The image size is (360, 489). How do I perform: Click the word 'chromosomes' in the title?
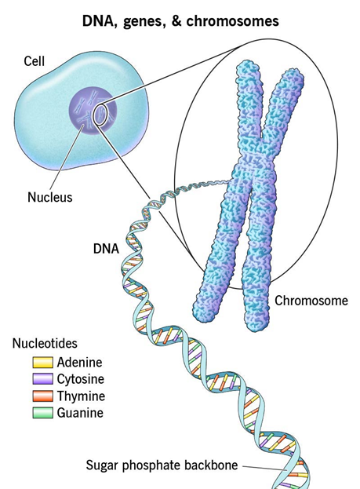tap(232, 21)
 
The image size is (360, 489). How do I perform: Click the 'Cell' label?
tap(35, 60)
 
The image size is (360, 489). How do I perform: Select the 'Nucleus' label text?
tap(50, 197)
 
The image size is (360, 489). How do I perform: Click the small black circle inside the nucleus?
tap(100, 115)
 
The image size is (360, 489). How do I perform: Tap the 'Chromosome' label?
tap(311, 301)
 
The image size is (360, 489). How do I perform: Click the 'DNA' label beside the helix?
tap(107, 249)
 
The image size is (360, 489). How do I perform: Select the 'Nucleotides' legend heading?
tap(45, 343)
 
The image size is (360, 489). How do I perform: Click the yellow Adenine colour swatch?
tap(42, 363)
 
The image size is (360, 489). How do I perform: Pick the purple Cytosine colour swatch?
tap(42, 379)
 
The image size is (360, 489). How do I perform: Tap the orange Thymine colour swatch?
tap(42, 396)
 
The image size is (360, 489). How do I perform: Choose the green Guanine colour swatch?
tap(42, 413)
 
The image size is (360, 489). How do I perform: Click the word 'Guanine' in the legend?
tap(80, 413)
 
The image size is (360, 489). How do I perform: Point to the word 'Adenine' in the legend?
tap(79, 363)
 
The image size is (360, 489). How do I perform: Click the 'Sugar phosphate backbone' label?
tap(162, 465)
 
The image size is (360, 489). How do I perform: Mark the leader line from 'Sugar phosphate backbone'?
tap(265, 468)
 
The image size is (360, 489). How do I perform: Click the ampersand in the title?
tap(176, 21)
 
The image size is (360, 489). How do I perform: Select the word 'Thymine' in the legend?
tap(81, 396)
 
